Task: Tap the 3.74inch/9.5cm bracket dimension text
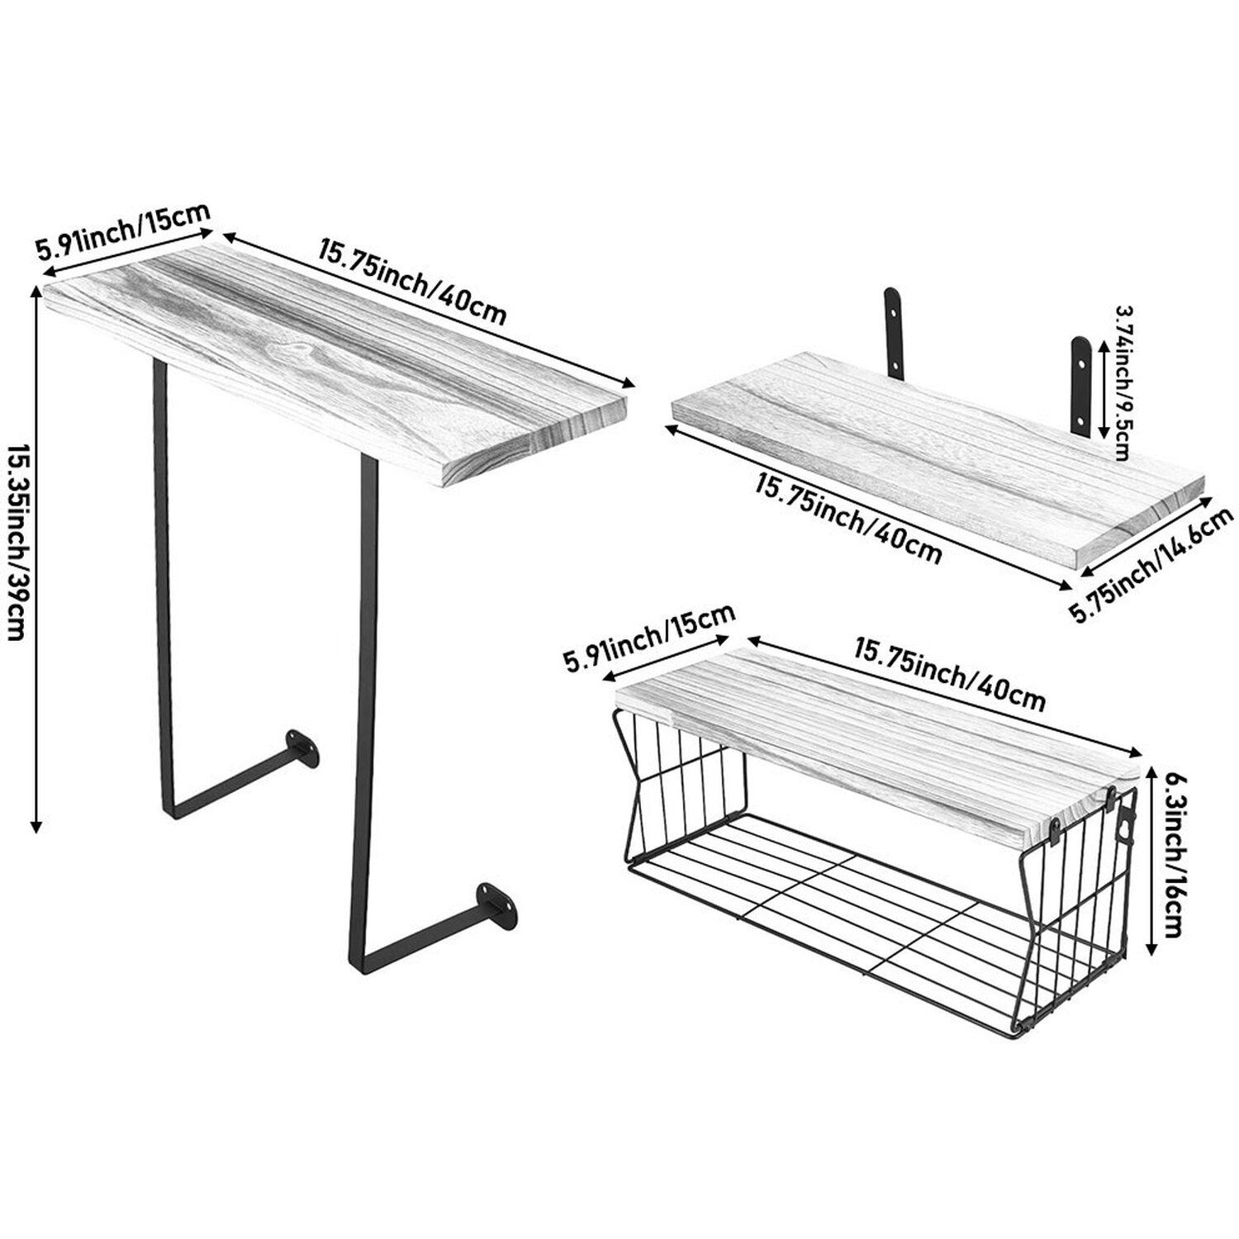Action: click(x=1123, y=382)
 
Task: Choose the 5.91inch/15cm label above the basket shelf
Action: click(x=648, y=636)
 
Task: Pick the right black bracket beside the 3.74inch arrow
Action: click(x=1082, y=384)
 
